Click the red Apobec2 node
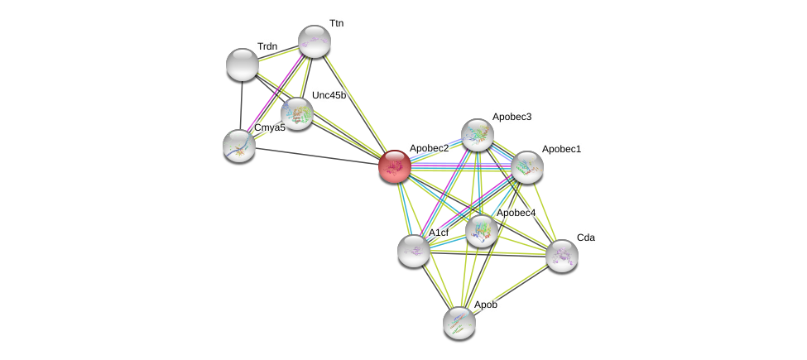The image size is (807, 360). (395, 166)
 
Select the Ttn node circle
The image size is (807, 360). (315, 41)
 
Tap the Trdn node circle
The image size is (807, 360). (243, 65)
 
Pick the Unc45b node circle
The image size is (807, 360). (296, 113)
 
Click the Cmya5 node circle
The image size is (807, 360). (239, 146)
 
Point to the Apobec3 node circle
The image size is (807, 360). (478, 135)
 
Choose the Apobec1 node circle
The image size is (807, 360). (526, 167)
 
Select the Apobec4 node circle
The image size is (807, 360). (482, 231)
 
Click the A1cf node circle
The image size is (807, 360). (414, 250)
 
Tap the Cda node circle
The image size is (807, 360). (562, 256)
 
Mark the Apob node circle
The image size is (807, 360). (459, 323)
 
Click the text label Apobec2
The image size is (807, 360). (429, 148)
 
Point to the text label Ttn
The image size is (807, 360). (336, 23)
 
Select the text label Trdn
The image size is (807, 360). (267, 46)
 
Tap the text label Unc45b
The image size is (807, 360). (329, 95)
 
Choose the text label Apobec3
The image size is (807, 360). (512, 117)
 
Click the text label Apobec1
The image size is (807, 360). (561, 149)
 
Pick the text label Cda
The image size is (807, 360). (585, 238)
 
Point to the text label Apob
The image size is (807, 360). (486, 305)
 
